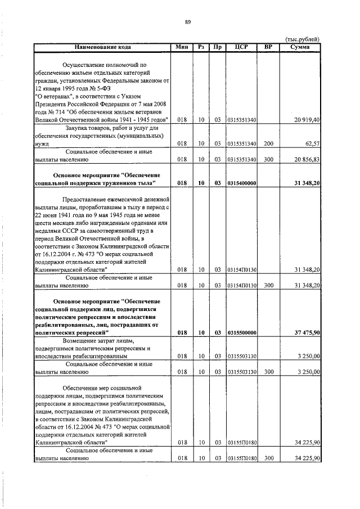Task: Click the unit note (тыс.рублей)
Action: [x=303, y=38]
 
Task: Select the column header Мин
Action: [x=182, y=46]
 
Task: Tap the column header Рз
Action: [x=201, y=46]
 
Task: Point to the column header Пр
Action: [x=217, y=46]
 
